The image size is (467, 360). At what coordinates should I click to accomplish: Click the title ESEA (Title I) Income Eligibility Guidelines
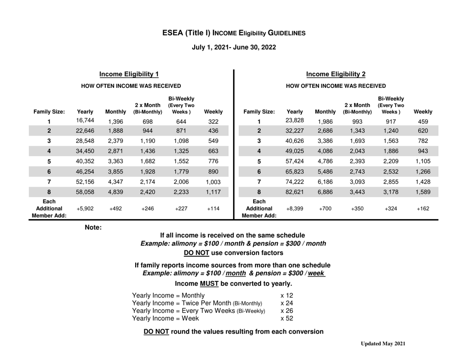click(x=233, y=33)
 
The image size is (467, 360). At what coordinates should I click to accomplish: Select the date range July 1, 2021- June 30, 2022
click(x=233, y=48)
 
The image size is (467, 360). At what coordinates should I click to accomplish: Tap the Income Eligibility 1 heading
click(x=129, y=74)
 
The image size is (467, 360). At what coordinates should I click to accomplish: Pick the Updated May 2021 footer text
click(x=382, y=344)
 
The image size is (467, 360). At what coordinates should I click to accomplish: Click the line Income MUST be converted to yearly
click(x=233, y=283)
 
